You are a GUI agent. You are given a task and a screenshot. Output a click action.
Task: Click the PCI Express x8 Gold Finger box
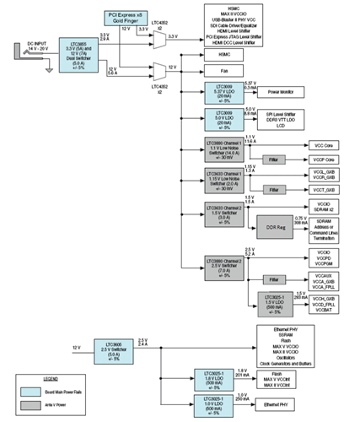[127, 16]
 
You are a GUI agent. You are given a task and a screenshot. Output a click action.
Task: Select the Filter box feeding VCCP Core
[272, 159]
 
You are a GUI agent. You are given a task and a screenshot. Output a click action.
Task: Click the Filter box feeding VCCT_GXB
[272, 190]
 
